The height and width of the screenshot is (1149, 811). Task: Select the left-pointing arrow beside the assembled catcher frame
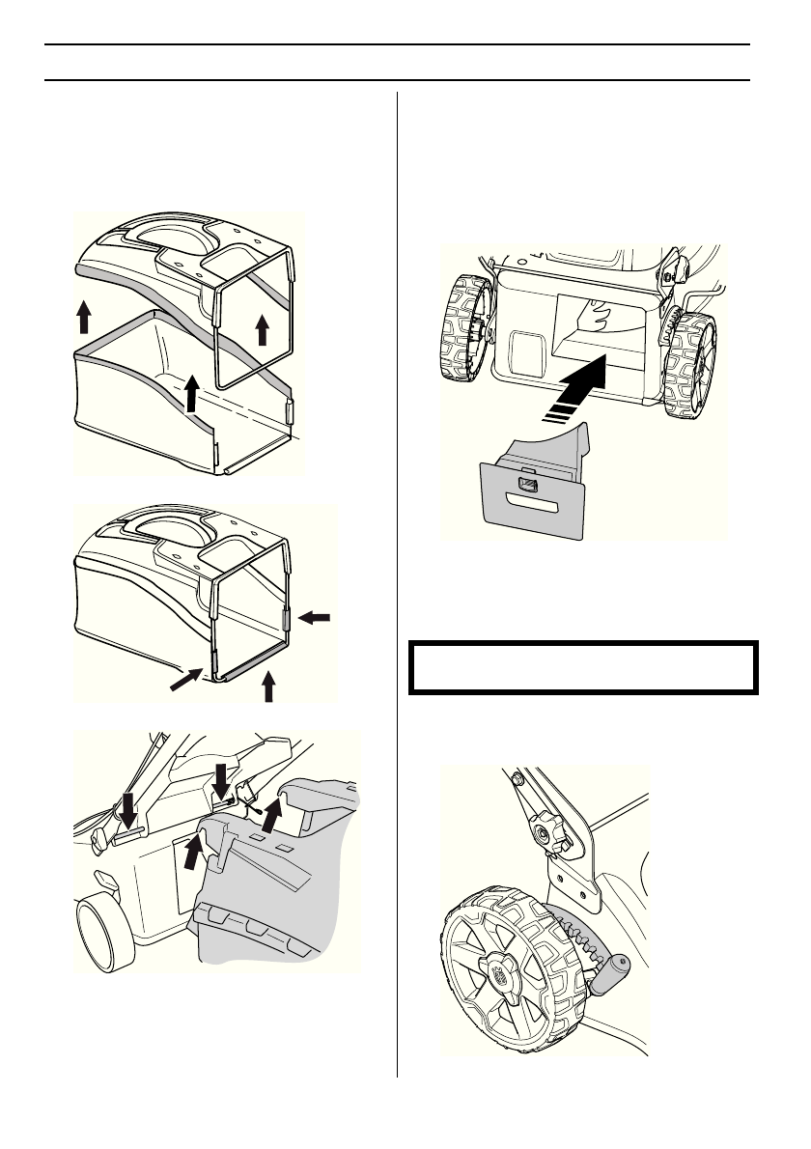point(316,623)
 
